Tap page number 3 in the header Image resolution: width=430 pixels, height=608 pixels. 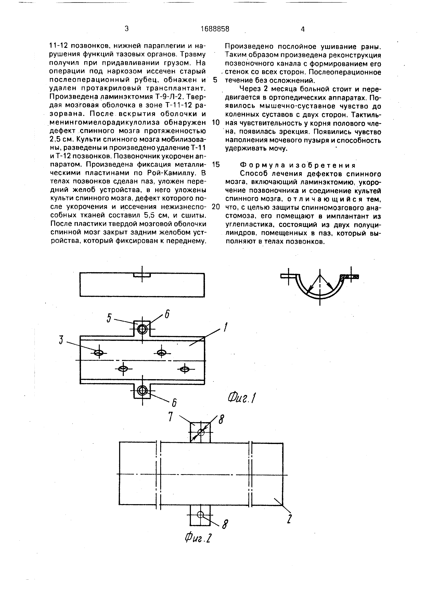(x=127, y=29)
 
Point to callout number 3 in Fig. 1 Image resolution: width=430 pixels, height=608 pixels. (x=61, y=340)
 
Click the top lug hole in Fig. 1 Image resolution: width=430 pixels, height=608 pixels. (x=143, y=329)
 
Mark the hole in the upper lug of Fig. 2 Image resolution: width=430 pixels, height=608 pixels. (x=201, y=432)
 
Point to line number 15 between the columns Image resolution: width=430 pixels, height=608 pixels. (x=216, y=165)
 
